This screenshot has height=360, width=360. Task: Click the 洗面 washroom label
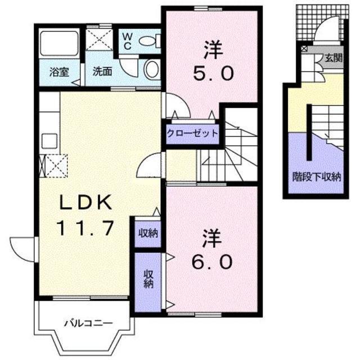[102, 72]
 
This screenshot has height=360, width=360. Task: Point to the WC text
[128, 40]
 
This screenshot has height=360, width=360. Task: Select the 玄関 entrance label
[332, 58]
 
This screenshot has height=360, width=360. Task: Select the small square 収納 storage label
[147, 233]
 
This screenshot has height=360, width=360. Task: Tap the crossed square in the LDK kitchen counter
[53, 165]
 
